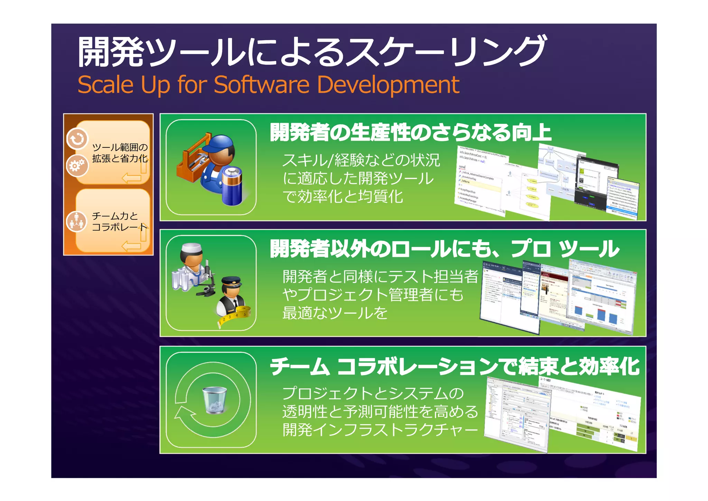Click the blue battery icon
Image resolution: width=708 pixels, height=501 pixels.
[x=232, y=186]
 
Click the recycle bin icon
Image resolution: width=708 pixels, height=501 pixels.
[x=214, y=400]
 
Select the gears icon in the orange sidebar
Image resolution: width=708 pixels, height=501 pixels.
[x=77, y=165]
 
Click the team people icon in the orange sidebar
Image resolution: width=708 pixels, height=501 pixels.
[x=76, y=221]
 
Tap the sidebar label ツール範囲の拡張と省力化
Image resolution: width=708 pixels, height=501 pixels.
[x=120, y=153]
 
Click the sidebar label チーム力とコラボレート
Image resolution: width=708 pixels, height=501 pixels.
[x=119, y=221]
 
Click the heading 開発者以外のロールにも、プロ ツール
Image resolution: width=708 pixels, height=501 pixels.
[x=444, y=249]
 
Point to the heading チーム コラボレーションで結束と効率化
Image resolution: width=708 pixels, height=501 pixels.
[x=454, y=366]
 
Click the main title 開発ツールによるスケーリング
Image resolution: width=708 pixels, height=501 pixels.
[x=311, y=52]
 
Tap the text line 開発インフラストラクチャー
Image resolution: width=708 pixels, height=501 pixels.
[x=380, y=430]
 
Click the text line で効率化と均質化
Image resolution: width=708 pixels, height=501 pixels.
[x=342, y=197]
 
